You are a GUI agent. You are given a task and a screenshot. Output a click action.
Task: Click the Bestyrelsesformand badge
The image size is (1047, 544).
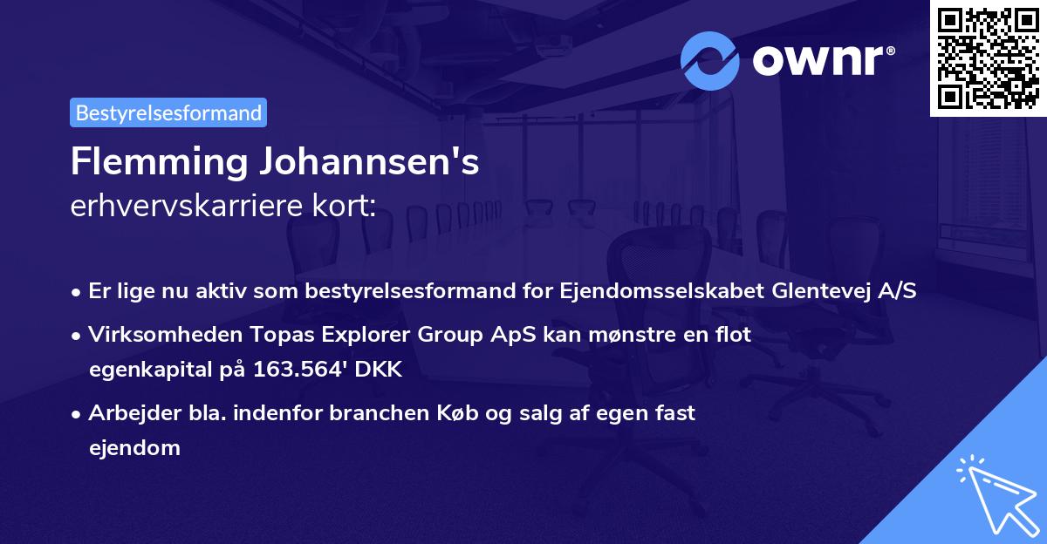point(168,112)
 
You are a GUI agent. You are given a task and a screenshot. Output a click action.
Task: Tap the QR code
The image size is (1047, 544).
point(988,58)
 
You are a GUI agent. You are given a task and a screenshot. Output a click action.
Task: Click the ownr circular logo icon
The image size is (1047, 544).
point(710,61)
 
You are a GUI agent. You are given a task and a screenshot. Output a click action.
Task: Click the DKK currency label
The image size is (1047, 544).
point(381,369)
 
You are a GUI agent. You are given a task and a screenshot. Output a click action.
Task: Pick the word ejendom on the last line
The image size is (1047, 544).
point(134,448)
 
